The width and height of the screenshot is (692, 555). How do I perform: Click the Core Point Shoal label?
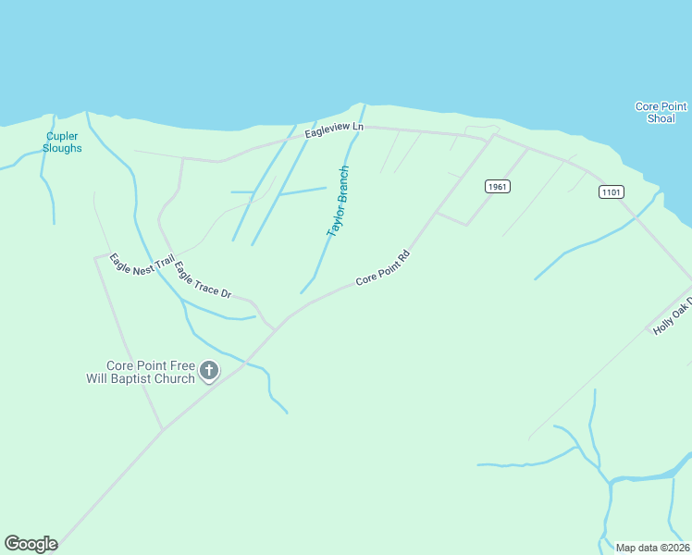point(660,113)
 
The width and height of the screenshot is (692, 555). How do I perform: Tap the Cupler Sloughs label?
point(63,142)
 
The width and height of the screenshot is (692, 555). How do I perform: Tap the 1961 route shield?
point(498,187)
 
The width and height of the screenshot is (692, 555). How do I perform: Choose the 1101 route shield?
point(611,191)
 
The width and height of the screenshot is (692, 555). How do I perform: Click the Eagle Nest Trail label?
point(142,263)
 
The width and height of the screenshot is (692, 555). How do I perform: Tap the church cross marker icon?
point(209,371)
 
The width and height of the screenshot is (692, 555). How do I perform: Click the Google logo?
point(31,544)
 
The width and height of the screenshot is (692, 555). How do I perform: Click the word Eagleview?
point(327,133)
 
